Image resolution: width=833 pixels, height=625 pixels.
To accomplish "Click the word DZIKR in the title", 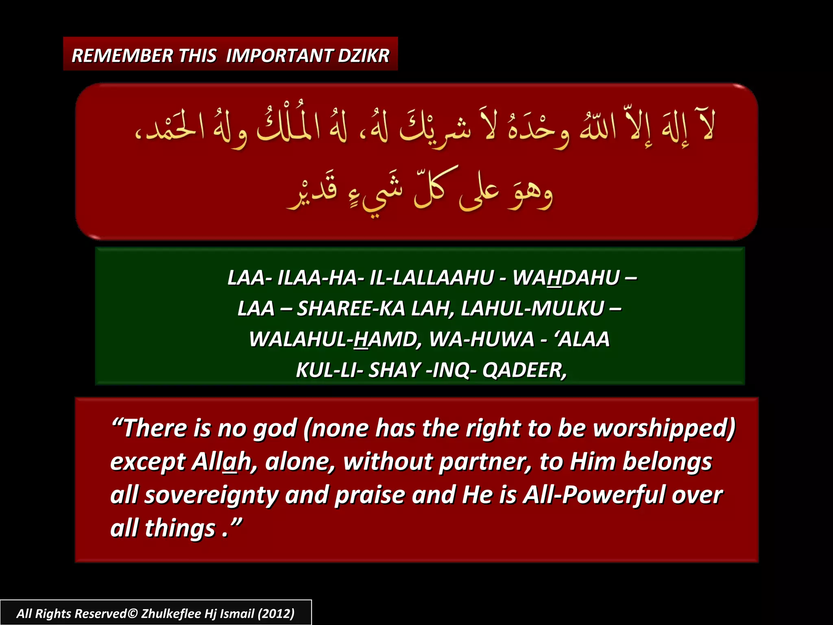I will point(363,55).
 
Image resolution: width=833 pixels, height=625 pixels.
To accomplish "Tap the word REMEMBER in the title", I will point(122,55).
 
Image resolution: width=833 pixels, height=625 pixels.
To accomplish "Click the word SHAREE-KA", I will point(351,308).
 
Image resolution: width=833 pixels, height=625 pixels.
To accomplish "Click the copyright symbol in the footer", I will point(133,613).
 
